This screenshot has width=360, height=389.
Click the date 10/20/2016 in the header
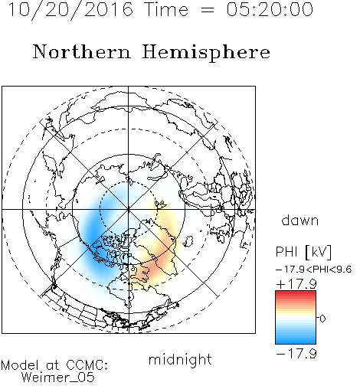pos(70,10)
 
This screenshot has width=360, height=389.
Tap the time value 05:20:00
pos(270,9)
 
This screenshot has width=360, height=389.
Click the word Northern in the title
pos(82,52)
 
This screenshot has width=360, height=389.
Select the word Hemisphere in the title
pos(206,53)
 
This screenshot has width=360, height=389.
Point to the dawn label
pos(300,221)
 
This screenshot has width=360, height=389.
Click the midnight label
pos(180,360)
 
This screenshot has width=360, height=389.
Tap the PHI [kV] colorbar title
pos(303,252)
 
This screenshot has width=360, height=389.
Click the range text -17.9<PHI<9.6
pos(314,270)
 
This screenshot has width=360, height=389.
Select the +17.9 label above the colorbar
pos(296,284)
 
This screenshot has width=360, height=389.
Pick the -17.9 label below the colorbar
pos(296,354)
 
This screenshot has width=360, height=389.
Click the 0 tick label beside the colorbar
pos(322,319)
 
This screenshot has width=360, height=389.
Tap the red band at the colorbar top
pos(296,294)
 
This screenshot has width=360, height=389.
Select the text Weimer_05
pos(58,377)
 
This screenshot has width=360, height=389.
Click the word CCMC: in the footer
pos(87,365)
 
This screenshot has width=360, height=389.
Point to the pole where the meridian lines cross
pos(128,209)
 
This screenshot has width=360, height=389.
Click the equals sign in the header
pos(208,10)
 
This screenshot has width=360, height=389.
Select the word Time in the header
pos(166,9)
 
